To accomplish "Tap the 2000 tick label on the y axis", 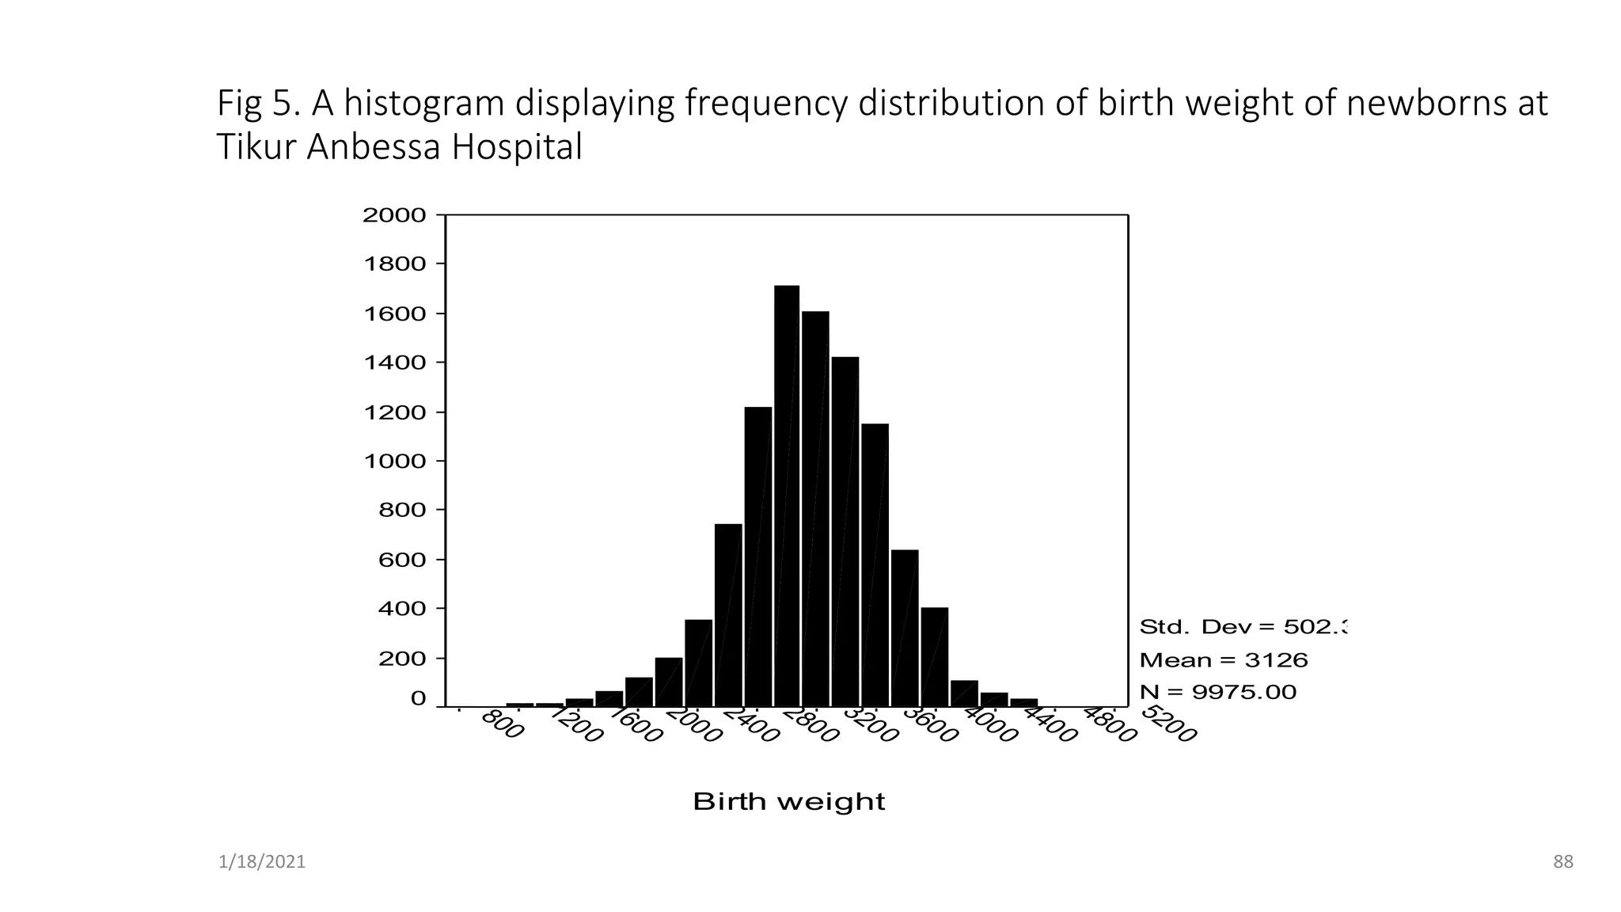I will [x=394, y=215].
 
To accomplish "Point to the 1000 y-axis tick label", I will [x=394, y=462].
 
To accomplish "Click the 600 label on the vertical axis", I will [x=402, y=560].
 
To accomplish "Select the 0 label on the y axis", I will [x=418, y=699].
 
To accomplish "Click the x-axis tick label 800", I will [x=502, y=725].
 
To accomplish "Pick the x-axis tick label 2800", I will [x=810, y=726].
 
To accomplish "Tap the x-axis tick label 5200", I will [x=1169, y=724].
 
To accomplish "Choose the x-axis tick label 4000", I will [x=989, y=726].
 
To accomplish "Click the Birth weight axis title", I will [x=788, y=802].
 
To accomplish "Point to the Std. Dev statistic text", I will [x=1242, y=627].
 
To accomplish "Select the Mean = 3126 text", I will [x=1223, y=659].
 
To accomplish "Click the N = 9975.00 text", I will [x=1217, y=692].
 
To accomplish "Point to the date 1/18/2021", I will [x=261, y=862].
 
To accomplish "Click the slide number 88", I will [x=1562, y=862].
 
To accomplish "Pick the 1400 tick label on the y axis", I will [x=394, y=363].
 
